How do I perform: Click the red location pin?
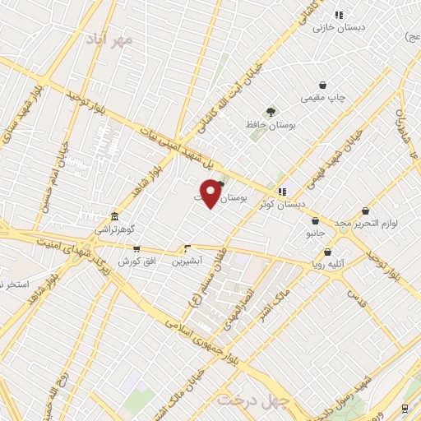[x=211, y=194]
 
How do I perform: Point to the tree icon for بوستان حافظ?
[x=271, y=111]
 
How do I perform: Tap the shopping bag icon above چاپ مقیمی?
[x=324, y=85]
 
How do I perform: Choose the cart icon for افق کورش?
[x=136, y=249]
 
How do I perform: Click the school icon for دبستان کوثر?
[x=282, y=191]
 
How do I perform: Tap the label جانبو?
[x=316, y=234]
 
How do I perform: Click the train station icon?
[x=405, y=407]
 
